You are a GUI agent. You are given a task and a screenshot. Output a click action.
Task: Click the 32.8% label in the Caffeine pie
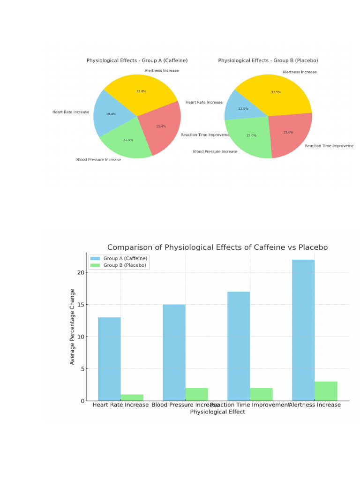141,91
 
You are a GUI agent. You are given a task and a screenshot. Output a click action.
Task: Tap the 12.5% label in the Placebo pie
243,109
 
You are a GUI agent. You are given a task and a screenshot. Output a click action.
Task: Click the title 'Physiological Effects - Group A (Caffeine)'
137,60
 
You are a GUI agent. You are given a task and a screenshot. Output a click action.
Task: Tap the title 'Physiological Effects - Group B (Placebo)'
268,60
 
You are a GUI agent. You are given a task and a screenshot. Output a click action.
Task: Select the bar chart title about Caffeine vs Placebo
217,247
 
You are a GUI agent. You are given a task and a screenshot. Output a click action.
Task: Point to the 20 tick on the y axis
81,272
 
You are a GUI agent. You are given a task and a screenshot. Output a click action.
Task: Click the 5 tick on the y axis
83,369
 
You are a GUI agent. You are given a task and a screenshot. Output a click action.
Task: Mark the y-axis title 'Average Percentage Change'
72,327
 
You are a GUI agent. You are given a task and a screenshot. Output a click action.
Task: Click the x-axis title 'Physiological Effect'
217,412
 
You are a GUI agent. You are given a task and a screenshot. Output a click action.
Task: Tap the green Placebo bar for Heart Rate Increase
132,397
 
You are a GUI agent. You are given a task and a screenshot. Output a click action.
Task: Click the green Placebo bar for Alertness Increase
326,391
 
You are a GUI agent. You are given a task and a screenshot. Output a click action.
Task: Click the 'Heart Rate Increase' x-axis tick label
120,405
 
